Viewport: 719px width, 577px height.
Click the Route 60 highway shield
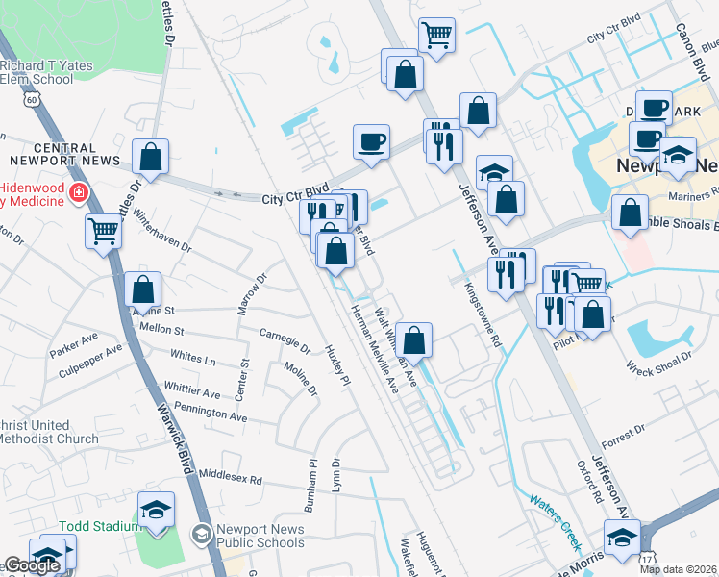(33, 99)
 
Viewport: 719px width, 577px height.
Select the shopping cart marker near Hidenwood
(104, 230)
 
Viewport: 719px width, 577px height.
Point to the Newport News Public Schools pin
(202, 533)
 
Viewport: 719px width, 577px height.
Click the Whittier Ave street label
(192, 391)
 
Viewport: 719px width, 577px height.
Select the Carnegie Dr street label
(285, 339)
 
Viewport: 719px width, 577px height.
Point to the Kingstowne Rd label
(483, 314)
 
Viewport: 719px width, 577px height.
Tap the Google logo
(31, 565)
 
